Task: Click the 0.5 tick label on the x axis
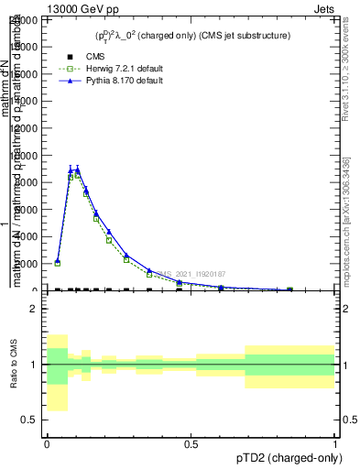click(x=191, y=444)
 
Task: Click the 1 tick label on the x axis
click(x=335, y=444)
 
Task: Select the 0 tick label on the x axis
click(x=47, y=444)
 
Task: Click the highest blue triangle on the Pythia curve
click(x=78, y=169)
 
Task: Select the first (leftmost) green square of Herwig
click(x=57, y=263)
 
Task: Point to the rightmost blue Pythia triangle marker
click(x=290, y=289)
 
